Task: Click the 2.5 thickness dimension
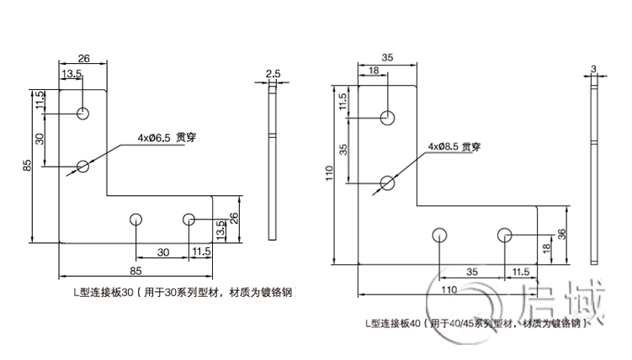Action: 273,74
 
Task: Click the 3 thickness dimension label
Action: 593,67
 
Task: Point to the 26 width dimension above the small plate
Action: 84,59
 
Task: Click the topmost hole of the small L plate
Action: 82,114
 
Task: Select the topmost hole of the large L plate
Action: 387,118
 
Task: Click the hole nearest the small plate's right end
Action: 189,220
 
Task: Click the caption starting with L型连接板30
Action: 183,293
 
